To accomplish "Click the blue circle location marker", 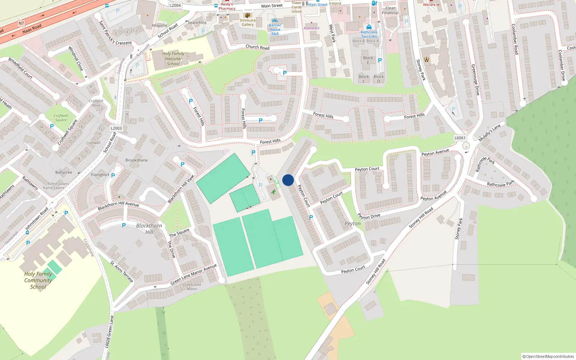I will point(288,180).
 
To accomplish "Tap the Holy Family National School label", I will point(173,59).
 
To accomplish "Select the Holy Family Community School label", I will point(38,280).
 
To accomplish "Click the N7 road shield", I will point(21,23).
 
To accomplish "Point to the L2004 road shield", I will point(175,5).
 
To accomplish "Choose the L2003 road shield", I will point(116,128).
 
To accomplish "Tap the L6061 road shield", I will point(460,138).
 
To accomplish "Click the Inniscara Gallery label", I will point(248,22).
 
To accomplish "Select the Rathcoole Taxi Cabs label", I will point(369,34).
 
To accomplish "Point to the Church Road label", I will point(257,47).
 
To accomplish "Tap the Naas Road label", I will point(32,29).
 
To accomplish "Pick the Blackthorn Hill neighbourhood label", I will point(149,229).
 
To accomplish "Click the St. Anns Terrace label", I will point(122,272).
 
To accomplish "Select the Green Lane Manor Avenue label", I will point(194,274).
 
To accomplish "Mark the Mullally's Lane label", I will point(490,133).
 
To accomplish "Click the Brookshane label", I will point(136,160).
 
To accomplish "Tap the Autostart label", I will point(311,28).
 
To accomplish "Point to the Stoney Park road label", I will point(421,70).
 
